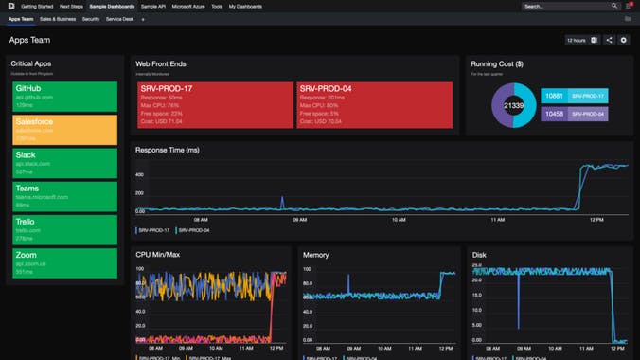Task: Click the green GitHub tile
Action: [64, 95]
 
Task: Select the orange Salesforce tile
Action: [64, 129]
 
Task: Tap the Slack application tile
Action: [64, 162]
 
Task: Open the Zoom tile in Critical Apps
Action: [64, 262]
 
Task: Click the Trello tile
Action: [64, 229]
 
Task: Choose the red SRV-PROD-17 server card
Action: [212, 103]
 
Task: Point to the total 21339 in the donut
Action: [513, 106]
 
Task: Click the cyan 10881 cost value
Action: [554, 96]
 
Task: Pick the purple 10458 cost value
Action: [554, 114]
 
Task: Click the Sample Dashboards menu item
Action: [112, 6]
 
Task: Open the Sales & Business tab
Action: [59, 18]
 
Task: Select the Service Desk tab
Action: [119, 18]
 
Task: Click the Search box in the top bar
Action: [563, 6]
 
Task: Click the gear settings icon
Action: [624, 41]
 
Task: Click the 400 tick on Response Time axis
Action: [139, 175]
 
